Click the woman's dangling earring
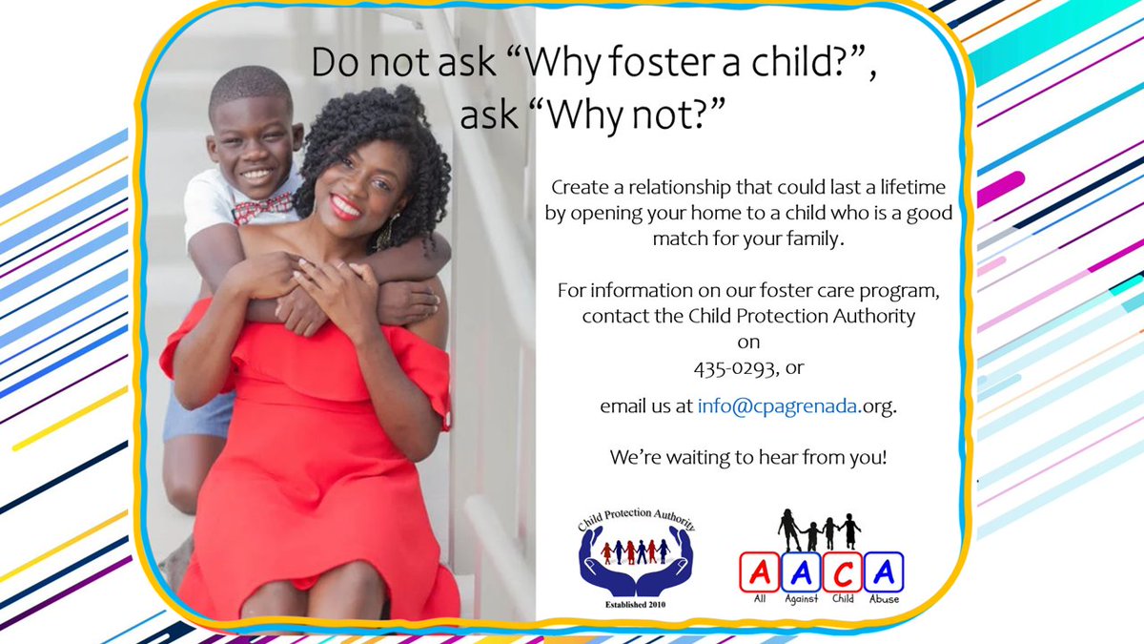[387, 232]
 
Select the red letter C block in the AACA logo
[844, 571]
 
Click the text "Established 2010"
[635, 603]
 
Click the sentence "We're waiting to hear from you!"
[748, 457]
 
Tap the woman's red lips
[345, 206]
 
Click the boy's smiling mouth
[255, 175]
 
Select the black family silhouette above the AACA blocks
[819, 529]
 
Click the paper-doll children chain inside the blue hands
[635, 551]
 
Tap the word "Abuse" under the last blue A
[884, 599]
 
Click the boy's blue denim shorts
[198, 415]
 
